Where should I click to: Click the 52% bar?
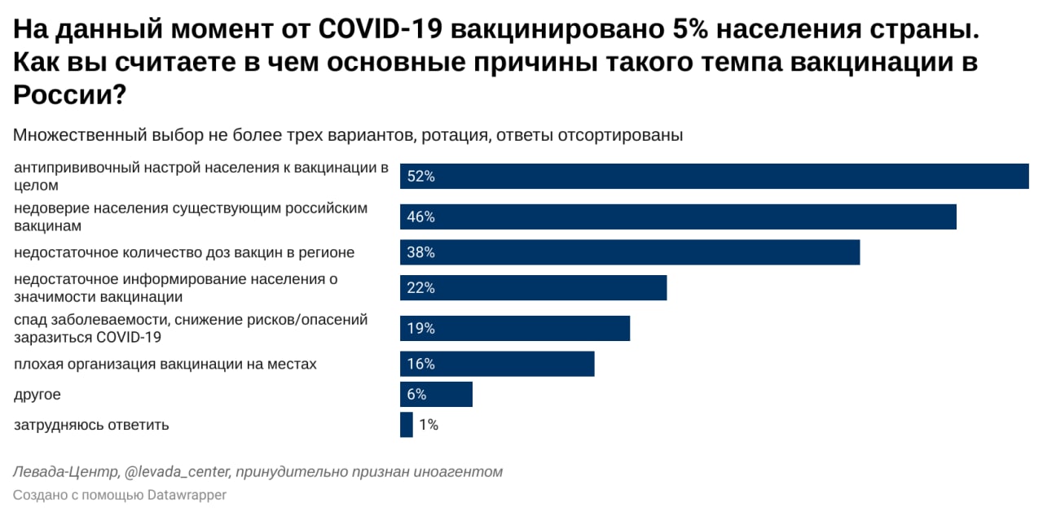[714, 177]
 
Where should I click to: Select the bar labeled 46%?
[677, 217]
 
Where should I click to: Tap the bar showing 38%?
[629, 252]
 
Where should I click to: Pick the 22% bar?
[533, 288]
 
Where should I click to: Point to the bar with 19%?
[514, 329]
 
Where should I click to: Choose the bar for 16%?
[496, 364]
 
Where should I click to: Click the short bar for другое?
[436, 395]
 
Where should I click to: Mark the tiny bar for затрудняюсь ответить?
[406, 425]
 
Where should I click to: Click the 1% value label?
[429, 425]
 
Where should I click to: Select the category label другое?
[37, 395]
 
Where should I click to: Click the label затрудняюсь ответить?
[91, 425]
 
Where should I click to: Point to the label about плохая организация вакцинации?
[165, 364]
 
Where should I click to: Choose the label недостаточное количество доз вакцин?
[184, 252]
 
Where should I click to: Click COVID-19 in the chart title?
[380, 30]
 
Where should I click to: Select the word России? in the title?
[69, 95]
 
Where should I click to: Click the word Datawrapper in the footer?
[187, 495]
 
